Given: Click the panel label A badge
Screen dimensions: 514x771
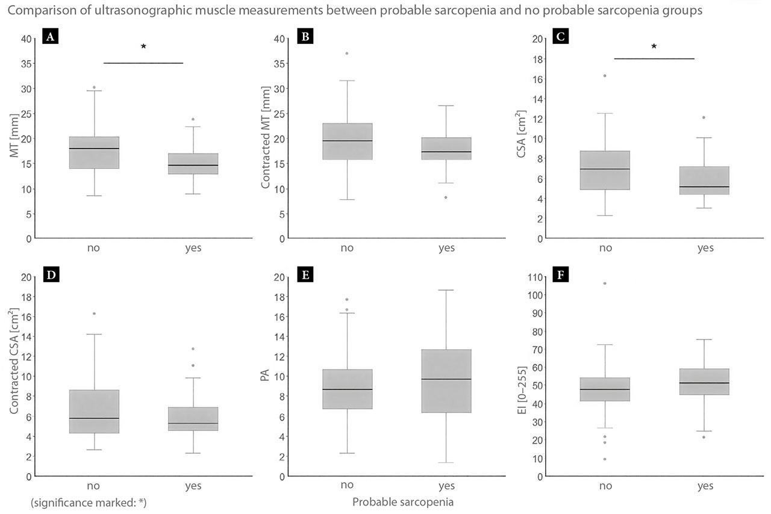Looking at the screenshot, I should click(51, 37).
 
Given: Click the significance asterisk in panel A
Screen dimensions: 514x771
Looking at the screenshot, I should click(143, 47).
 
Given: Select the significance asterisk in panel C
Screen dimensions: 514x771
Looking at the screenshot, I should click(654, 46).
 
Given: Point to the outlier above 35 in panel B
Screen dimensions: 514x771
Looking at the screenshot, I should click(346, 54).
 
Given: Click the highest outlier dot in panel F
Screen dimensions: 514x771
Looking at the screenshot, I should click(605, 283).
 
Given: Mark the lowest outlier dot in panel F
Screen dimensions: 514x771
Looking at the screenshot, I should click(605, 459).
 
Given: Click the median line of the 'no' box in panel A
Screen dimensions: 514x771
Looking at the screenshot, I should click(94, 148).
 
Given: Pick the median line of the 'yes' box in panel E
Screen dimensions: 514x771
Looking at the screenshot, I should click(446, 379).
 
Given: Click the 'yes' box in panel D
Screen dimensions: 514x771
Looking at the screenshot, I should click(193, 418).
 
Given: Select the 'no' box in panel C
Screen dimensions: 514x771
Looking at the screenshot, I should click(605, 170).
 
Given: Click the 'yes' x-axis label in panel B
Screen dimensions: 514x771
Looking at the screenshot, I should click(446, 248).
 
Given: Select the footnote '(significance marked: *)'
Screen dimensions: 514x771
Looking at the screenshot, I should click(88, 502).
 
